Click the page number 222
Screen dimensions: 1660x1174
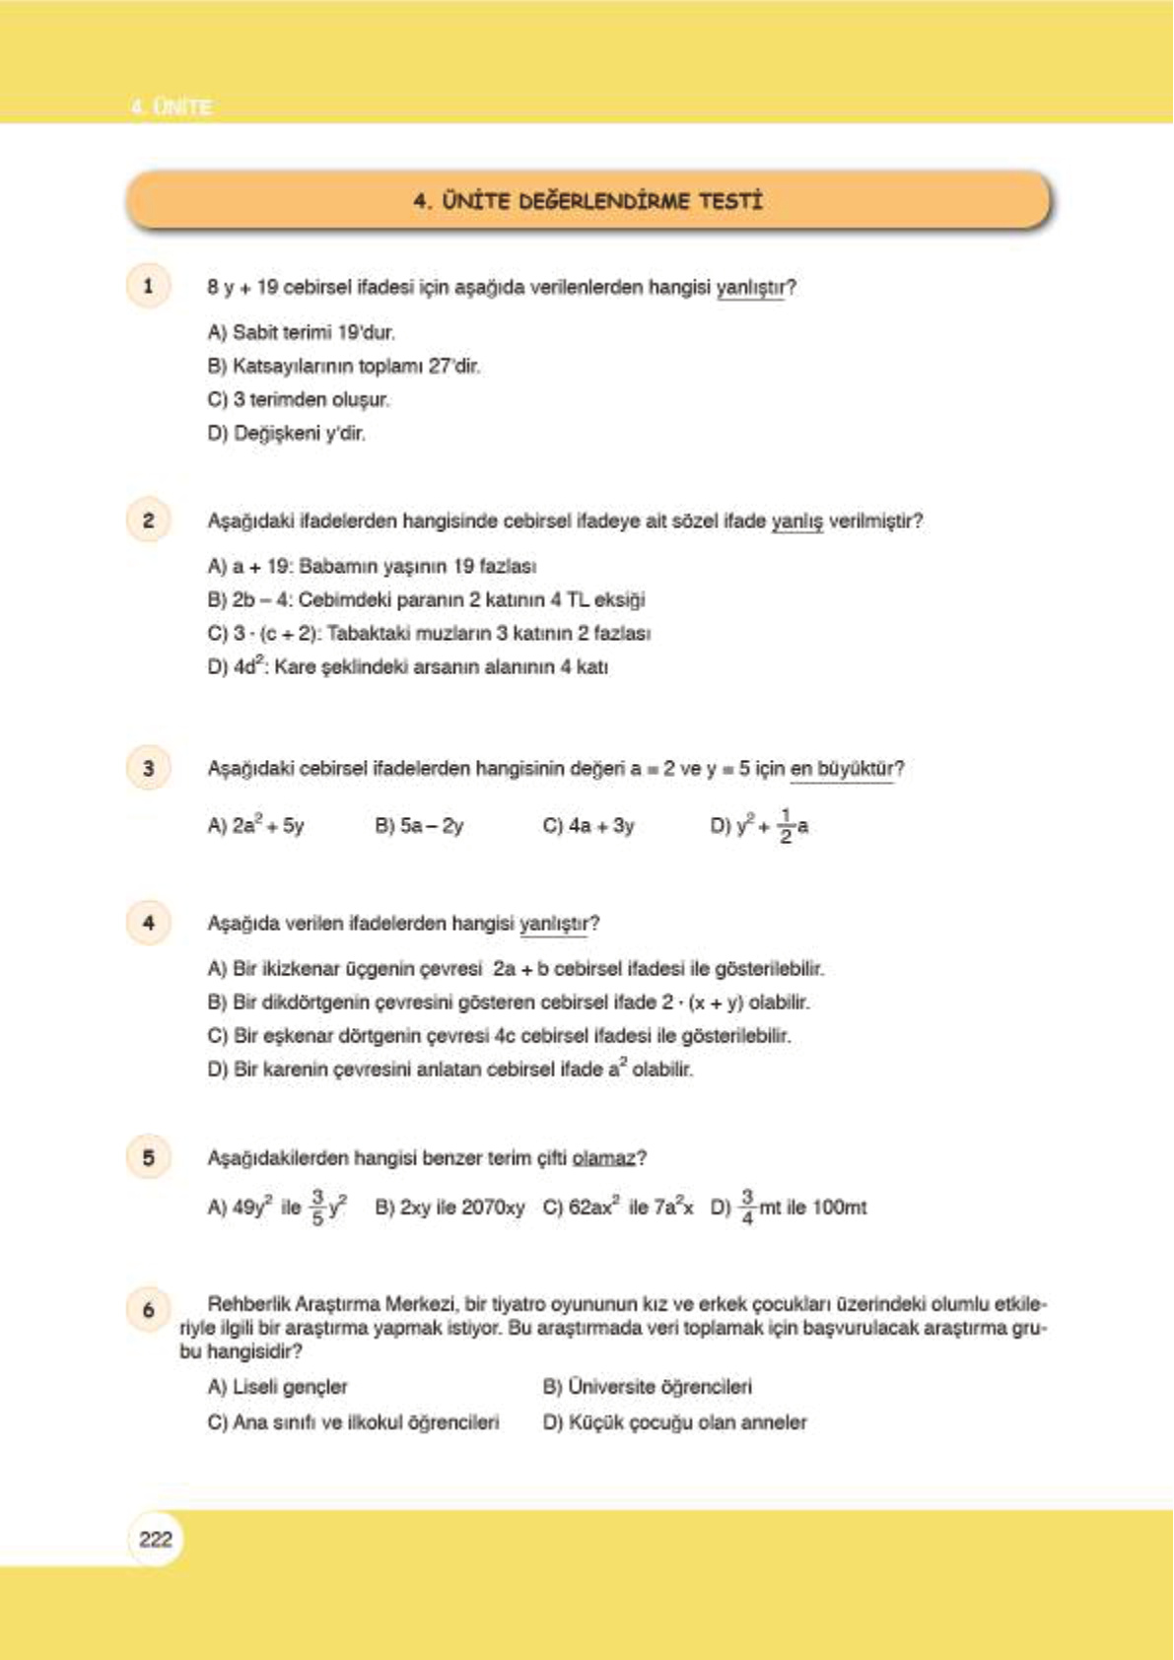(155, 1539)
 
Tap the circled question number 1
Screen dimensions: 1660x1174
(148, 287)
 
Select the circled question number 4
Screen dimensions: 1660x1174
(148, 923)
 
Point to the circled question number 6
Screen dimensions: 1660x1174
(148, 1310)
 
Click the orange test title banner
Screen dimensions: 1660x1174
(588, 201)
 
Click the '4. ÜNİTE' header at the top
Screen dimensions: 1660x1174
(171, 106)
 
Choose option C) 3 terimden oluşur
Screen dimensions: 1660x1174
(299, 399)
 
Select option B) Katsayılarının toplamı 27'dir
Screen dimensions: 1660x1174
(344, 366)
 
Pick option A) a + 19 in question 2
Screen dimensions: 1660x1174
(372, 566)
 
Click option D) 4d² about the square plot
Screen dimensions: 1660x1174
(407, 666)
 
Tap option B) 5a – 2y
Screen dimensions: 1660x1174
(419, 826)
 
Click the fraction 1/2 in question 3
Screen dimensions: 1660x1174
(786, 826)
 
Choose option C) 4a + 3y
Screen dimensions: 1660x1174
(588, 826)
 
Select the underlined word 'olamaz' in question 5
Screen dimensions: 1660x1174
(603, 1157)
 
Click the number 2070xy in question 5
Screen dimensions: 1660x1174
(493, 1208)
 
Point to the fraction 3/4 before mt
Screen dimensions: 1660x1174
(746, 1207)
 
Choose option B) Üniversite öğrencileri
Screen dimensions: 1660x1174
(647, 1387)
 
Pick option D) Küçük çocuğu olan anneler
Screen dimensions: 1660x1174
(674, 1422)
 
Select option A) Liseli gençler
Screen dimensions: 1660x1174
(278, 1387)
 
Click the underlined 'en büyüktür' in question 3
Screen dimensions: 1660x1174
(842, 768)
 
